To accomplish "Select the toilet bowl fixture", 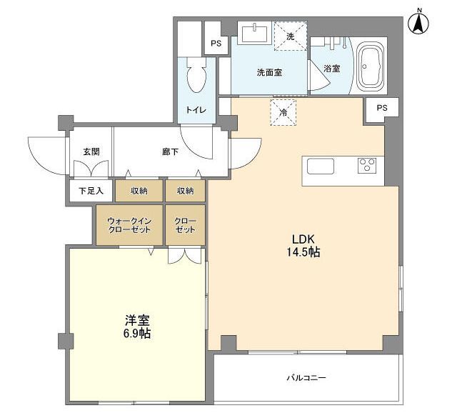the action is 196,74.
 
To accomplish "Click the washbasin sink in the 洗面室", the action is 254,33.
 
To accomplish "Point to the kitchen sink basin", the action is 321,166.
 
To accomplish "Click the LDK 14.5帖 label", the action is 303,246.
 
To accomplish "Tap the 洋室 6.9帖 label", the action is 137,327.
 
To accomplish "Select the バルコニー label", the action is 306,378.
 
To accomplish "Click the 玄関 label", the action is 91,151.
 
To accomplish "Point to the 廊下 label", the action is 170,151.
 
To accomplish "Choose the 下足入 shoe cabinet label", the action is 91,191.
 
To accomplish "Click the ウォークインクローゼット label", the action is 129,225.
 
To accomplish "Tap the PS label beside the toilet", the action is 216,44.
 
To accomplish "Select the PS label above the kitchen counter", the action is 382,108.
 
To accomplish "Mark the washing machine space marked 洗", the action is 291,36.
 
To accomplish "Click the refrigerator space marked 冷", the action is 283,113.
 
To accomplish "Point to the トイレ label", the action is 196,110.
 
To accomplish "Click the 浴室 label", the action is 331,69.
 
